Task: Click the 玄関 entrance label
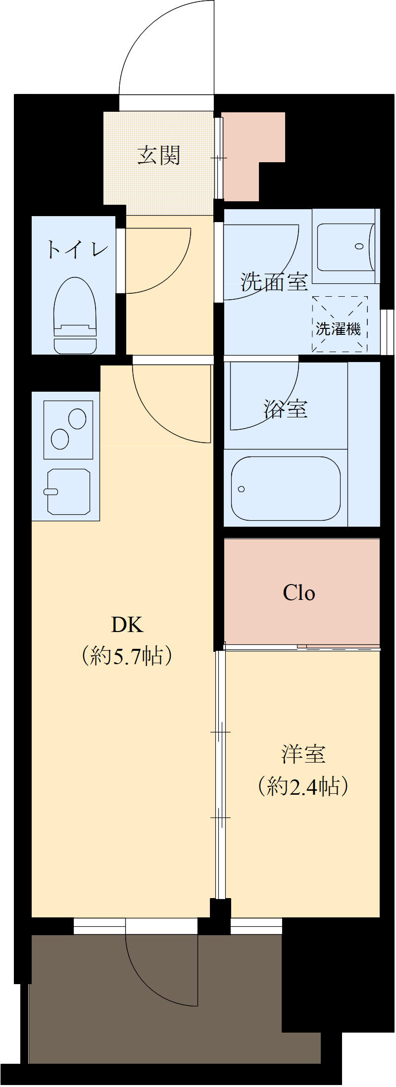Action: point(159,156)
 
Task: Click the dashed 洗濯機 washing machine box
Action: point(340,324)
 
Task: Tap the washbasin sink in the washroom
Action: point(345,247)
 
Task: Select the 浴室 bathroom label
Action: point(286,409)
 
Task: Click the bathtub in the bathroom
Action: point(286,488)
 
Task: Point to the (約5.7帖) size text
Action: point(127,656)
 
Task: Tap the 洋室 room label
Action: point(303,754)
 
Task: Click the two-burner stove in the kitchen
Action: point(68,429)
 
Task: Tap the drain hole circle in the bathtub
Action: point(241,489)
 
